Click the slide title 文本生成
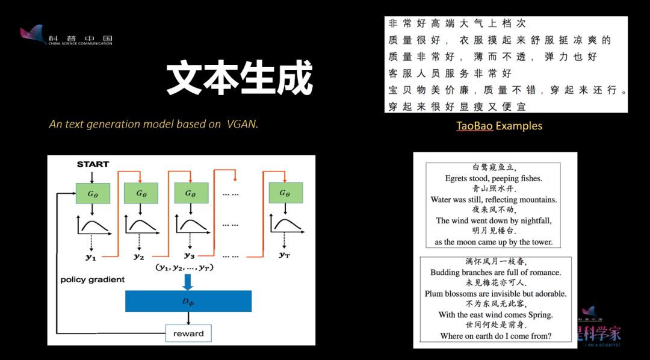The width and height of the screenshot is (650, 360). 240,78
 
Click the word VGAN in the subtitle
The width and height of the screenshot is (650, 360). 242,124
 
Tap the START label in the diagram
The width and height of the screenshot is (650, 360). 93,164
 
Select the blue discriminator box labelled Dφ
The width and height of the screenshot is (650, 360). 188,301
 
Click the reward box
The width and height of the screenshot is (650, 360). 188,334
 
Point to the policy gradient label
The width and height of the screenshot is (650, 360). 93,279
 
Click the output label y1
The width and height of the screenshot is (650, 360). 91,257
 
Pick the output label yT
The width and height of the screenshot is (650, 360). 285,255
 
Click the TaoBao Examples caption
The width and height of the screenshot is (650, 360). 499,126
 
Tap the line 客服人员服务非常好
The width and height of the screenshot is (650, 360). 450,73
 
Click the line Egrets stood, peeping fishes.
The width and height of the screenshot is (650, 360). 494,178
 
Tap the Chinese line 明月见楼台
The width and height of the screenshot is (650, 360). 494,231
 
